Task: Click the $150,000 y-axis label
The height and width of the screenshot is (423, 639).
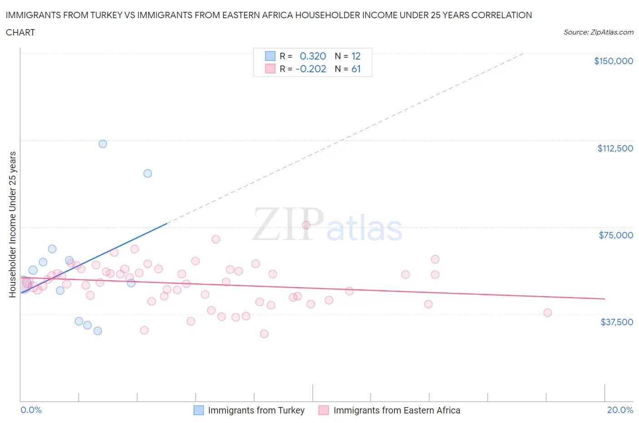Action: [613, 61]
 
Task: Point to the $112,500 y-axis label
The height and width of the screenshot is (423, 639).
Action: [615, 148]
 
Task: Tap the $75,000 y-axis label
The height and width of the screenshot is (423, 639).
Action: [615, 235]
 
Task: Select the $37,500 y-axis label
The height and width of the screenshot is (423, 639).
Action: [616, 322]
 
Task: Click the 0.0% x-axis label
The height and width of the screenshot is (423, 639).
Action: [31, 410]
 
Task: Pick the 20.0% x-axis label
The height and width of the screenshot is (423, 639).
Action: [620, 410]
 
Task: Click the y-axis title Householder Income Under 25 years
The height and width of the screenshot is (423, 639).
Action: [13, 224]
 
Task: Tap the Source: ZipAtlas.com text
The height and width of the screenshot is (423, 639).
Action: [598, 32]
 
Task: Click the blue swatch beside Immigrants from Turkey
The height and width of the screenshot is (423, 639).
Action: [199, 410]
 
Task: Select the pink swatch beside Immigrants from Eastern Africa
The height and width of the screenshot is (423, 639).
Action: [324, 410]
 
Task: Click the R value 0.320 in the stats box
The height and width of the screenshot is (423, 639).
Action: [313, 56]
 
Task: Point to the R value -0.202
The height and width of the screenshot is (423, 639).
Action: [310, 69]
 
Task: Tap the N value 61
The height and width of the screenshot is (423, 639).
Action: [356, 69]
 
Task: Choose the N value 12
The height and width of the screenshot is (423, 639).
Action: [356, 56]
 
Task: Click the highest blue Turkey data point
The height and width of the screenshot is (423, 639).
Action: [103, 144]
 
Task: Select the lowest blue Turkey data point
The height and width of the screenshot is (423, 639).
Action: [98, 331]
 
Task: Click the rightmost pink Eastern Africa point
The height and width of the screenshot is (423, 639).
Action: [547, 312]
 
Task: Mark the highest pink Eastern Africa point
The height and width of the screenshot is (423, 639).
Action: [306, 225]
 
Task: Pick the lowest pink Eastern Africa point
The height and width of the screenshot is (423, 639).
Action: [264, 333]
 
